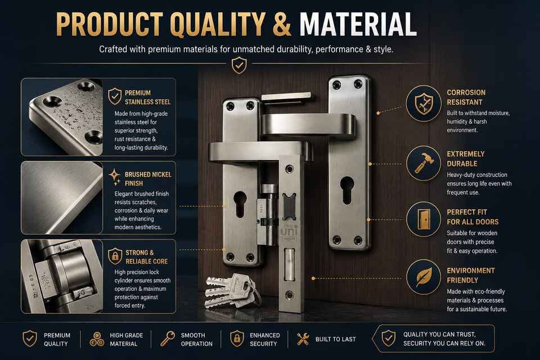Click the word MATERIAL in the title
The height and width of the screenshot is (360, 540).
tap(358, 24)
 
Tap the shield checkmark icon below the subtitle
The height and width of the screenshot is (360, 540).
tap(239, 65)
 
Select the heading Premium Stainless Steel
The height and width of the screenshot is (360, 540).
tap(147, 97)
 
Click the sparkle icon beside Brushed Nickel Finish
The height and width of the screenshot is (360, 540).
tap(114, 177)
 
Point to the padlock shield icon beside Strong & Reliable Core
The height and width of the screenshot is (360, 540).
tap(115, 256)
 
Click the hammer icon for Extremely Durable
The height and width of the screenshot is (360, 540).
tap(423, 163)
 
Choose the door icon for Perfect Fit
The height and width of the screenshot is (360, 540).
tap(423, 219)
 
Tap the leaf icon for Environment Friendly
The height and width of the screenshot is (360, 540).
tap(424, 277)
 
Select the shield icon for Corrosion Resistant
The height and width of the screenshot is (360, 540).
tap(423, 103)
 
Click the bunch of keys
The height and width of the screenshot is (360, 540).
tap(231, 291)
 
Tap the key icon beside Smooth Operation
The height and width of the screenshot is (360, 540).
tap(168, 339)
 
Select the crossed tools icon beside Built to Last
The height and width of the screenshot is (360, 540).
tap(303, 339)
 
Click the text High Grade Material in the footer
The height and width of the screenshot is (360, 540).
tap(126, 339)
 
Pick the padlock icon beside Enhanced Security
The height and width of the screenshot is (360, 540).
tap(237, 339)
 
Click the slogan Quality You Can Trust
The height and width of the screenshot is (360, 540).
tap(439, 334)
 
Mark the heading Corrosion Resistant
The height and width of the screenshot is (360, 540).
tap(466, 97)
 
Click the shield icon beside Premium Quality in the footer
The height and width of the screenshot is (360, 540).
tap(30, 339)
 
